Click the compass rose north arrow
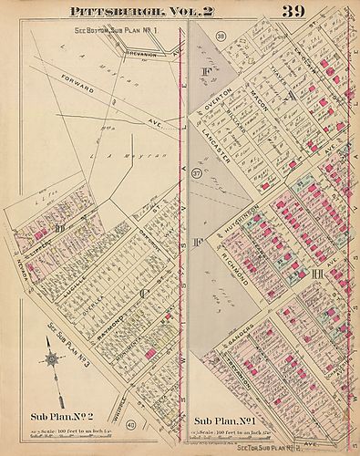53,358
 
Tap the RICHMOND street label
235,274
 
